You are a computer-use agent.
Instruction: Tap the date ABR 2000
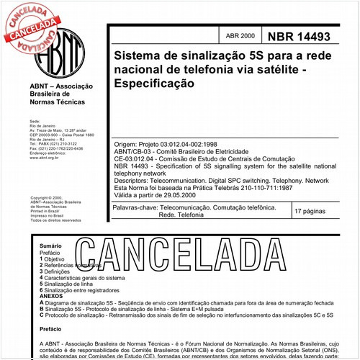239,35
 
